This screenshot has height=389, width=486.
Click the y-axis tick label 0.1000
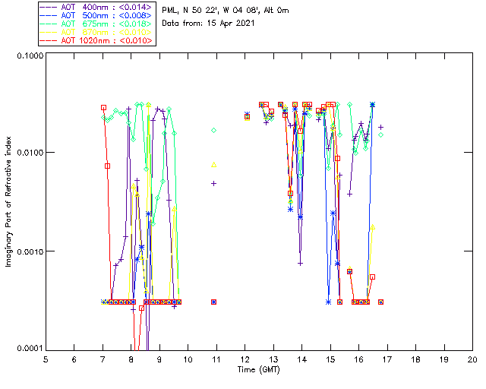click(30, 55)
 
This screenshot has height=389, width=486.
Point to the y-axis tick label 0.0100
click(30, 153)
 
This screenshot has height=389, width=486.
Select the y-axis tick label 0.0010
click(30, 251)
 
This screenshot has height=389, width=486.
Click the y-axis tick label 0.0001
click(30, 349)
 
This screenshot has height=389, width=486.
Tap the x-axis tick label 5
click(46, 359)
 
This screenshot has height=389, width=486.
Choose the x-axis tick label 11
click(216, 359)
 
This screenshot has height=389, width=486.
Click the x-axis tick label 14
click(301, 359)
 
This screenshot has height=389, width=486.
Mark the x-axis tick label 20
click(472, 359)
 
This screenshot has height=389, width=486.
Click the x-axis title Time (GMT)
click(259, 369)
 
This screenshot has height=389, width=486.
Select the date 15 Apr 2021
click(227, 23)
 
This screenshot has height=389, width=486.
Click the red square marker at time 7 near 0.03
click(103, 108)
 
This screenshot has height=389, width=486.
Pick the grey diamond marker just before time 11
click(214, 131)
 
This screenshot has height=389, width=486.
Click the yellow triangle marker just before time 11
click(214, 164)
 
